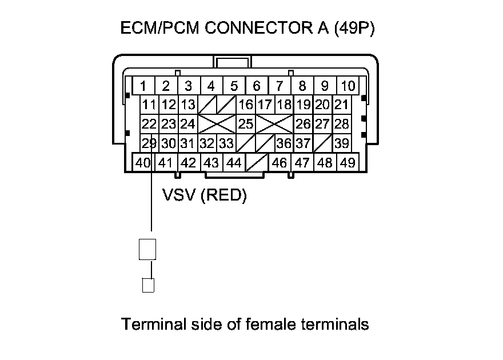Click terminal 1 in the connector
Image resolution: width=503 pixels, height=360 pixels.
point(143,86)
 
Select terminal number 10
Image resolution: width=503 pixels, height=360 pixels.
point(348,86)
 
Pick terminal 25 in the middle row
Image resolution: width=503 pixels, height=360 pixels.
point(245,123)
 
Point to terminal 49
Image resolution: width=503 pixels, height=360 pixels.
point(347,163)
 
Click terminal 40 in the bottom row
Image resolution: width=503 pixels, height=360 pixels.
point(143,163)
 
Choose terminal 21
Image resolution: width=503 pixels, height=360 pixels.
point(341,105)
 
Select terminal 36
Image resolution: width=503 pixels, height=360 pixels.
point(284,143)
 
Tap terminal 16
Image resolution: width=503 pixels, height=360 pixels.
point(245,105)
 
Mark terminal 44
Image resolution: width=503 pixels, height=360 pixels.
point(234,163)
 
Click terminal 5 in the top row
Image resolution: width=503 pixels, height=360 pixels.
point(234,86)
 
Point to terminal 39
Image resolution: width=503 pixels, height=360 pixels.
point(342,143)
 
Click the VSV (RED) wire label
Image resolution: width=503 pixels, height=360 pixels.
point(204,196)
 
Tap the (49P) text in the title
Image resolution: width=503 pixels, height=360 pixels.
point(354,29)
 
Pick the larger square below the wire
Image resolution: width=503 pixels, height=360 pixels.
point(148,250)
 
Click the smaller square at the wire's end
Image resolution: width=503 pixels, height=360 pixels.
point(148,285)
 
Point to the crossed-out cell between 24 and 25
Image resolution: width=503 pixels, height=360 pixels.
point(216,123)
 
